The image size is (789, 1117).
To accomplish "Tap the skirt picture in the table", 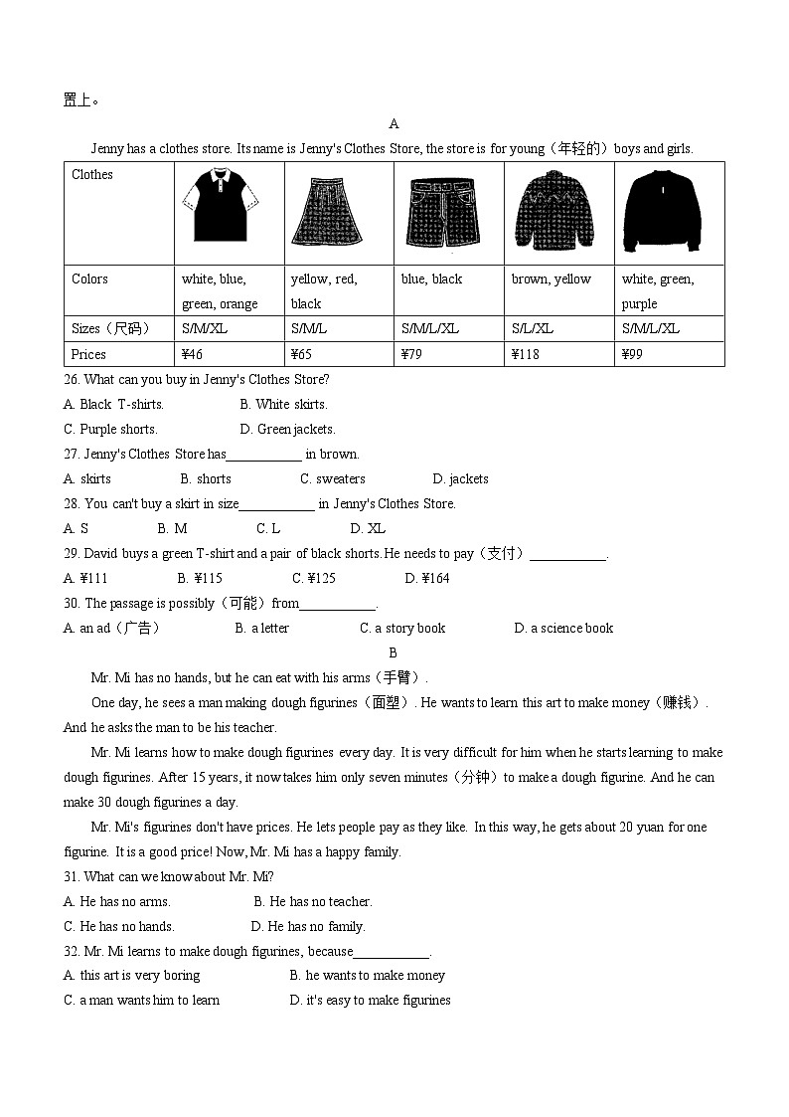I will [x=327, y=211].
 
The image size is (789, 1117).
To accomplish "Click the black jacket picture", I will [x=661, y=210].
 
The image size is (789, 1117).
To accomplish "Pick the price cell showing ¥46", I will [x=193, y=354].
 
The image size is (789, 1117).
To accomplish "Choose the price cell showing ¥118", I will [x=526, y=354].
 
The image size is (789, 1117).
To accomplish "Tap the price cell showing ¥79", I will [x=413, y=354].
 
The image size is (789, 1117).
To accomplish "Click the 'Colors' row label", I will [x=89, y=279].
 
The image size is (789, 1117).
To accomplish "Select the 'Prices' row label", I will [x=88, y=354].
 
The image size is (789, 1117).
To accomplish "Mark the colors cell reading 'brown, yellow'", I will [x=552, y=279].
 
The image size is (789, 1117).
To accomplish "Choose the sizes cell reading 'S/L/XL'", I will [x=533, y=328].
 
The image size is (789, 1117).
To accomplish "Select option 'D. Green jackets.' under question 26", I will [x=287, y=429].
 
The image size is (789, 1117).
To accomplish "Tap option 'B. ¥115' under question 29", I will [x=200, y=578].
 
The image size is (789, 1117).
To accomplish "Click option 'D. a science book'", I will [x=563, y=628].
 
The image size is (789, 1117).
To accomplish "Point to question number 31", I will [x=72, y=876].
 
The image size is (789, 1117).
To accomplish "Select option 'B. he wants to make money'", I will [x=367, y=975].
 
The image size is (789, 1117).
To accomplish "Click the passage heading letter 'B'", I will [x=394, y=652].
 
